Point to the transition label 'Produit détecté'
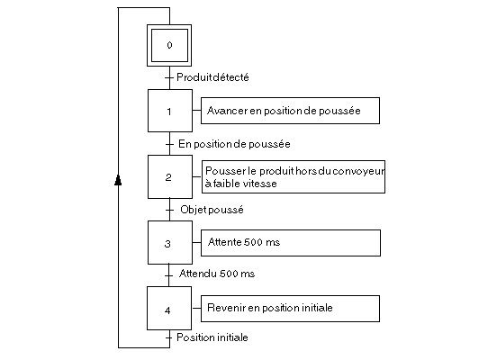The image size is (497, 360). click(212, 77)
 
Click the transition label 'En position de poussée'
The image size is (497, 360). click(234, 144)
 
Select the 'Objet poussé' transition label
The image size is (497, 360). click(212, 210)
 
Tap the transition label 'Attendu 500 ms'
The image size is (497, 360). click(217, 274)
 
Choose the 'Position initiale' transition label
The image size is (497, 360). click(212, 337)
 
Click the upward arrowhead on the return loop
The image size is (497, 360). click(118, 180)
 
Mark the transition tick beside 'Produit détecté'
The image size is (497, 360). click(169, 77)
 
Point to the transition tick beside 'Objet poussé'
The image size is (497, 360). click(169, 210)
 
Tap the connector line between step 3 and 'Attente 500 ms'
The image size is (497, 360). click(196, 243)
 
